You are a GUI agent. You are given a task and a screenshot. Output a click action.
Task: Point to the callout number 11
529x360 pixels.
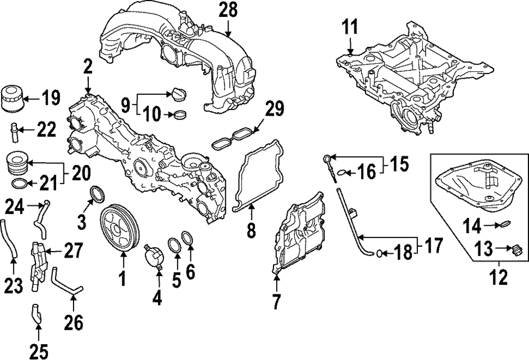350,26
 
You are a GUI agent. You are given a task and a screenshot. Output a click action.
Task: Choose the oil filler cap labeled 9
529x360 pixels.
175,94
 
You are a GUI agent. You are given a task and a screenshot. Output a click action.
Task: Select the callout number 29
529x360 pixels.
275,110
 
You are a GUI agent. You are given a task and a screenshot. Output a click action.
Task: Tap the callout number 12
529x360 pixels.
499,276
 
